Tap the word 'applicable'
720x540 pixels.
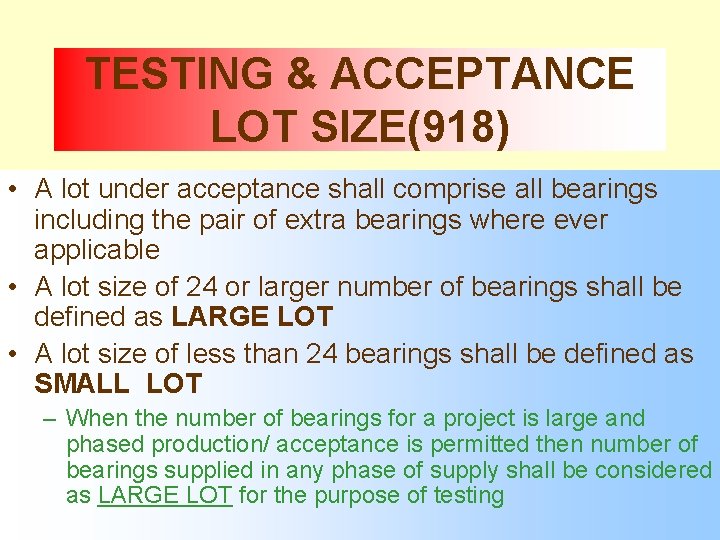[97, 249]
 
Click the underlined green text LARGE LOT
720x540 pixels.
[165, 496]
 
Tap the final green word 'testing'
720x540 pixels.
[471, 496]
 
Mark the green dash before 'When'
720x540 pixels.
[55, 419]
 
